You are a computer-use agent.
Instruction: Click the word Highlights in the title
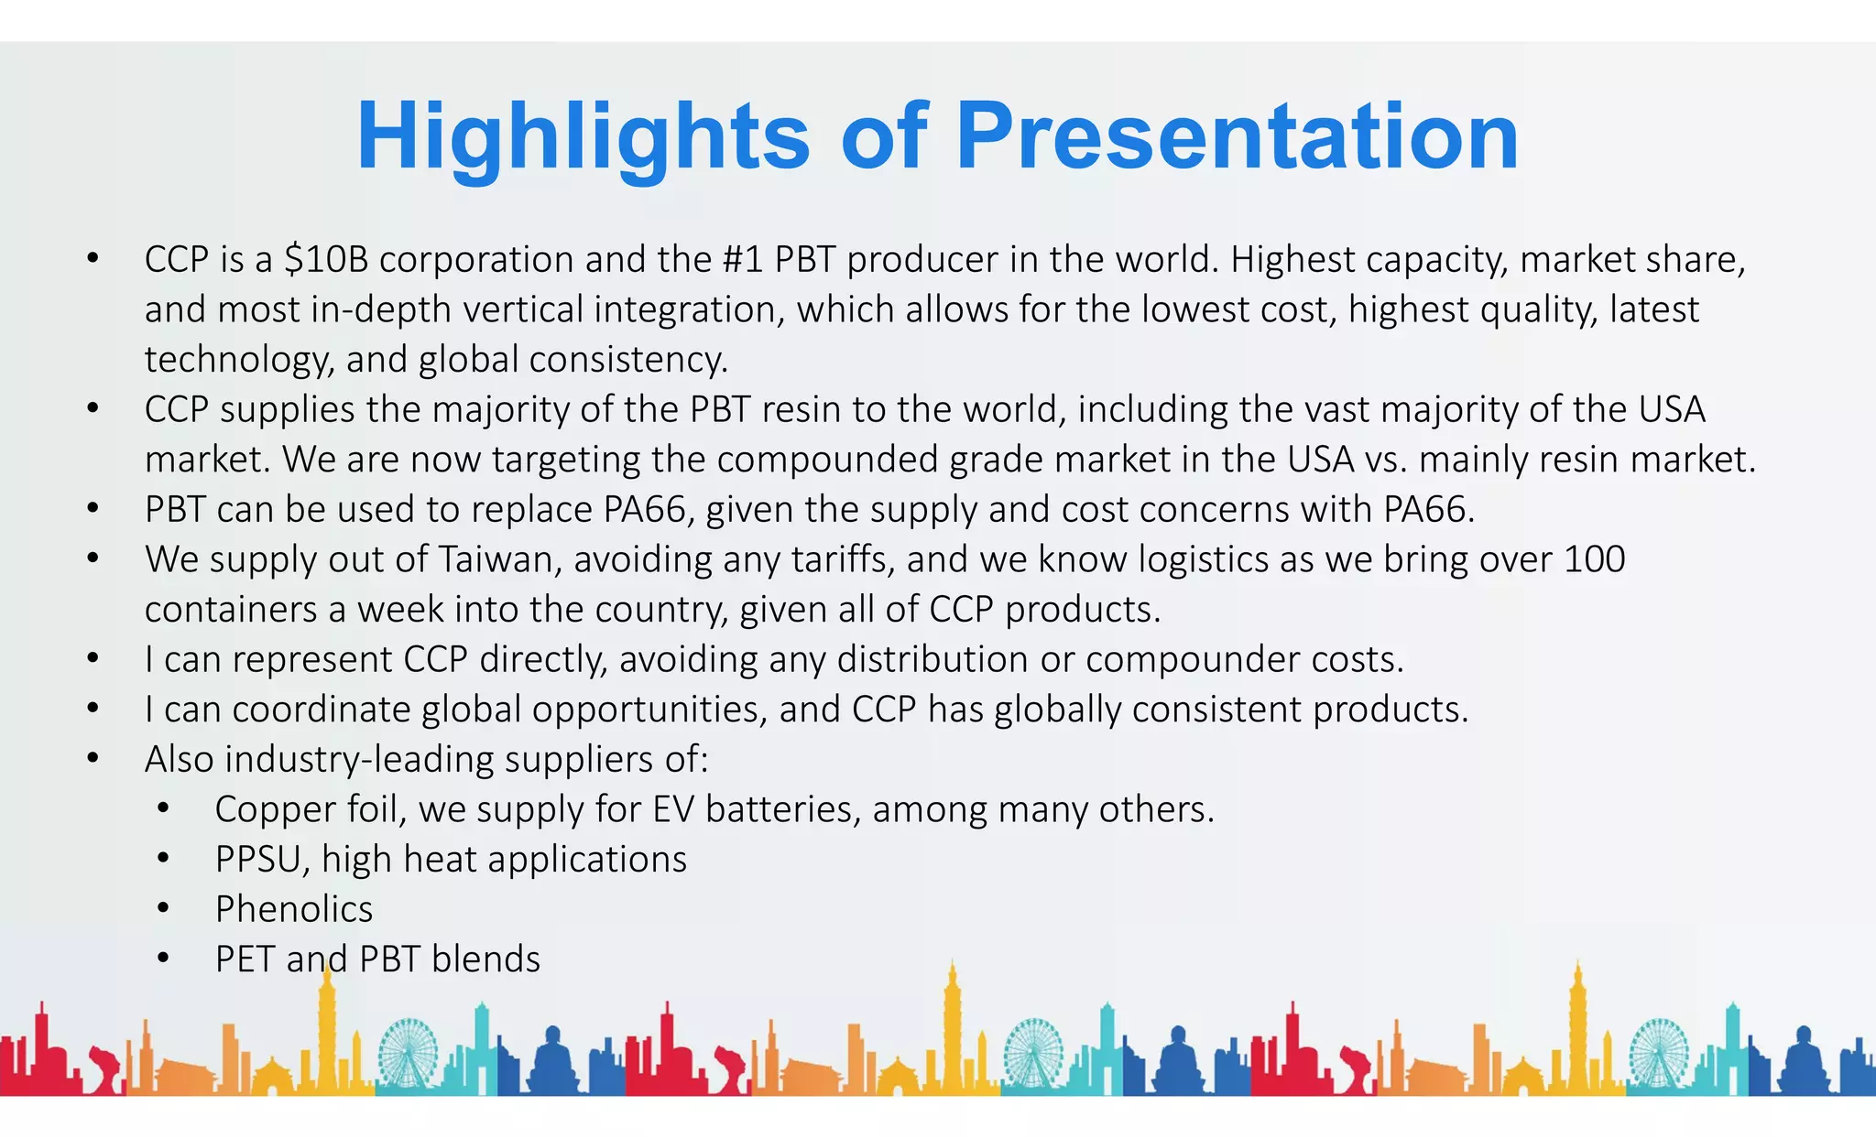[583, 137]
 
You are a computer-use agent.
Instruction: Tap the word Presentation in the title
[1237, 137]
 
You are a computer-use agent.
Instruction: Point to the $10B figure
[325, 260]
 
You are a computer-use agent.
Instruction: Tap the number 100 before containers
[1594, 559]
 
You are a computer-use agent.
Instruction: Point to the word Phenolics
[294, 910]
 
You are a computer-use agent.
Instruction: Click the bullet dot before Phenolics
[163, 909]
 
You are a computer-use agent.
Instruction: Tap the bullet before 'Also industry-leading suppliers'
[93, 759]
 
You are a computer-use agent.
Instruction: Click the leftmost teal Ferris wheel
[409, 1053]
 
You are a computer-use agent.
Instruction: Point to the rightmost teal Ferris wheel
[1659, 1053]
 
